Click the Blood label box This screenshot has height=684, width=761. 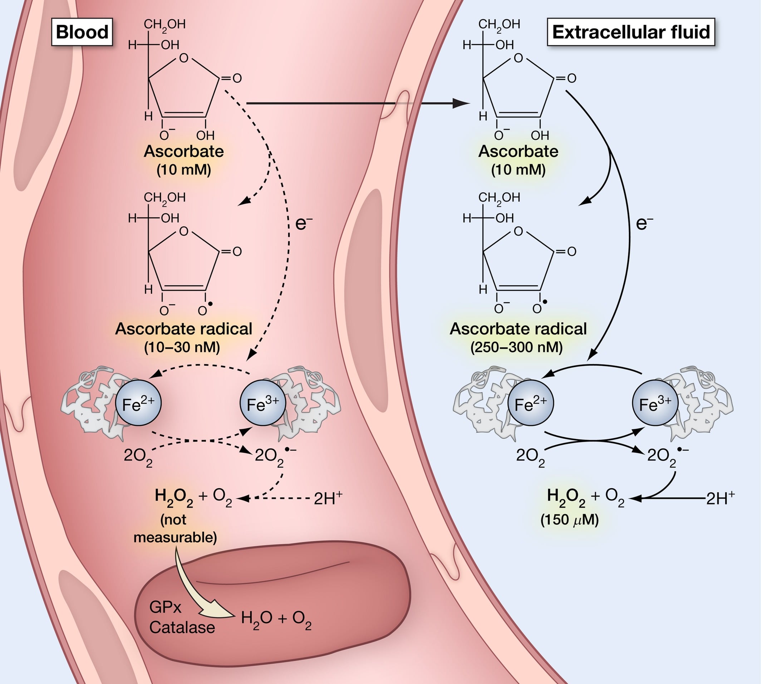click(x=82, y=32)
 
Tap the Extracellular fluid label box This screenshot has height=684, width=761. click(x=630, y=32)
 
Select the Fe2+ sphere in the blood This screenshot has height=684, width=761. click(x=138, y=403)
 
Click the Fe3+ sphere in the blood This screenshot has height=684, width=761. click(x=263, y=403)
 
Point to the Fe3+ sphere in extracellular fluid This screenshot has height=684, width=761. click(x=655, y=403)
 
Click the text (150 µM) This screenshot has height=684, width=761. click(x=569, y=520)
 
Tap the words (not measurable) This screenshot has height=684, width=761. click(x=175, y=529)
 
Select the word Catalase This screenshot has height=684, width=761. click(x=182, y=628)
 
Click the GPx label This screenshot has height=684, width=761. click(x=165, y=607)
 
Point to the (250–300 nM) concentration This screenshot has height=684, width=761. click(x=517, y=347)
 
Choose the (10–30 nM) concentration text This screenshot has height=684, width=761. click(x=182, y=347)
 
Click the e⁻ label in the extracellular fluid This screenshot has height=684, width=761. click(x=644, y=223)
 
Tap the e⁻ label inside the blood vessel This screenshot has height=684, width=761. click(x=304, y=223)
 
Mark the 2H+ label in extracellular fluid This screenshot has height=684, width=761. click(x=720, y=498)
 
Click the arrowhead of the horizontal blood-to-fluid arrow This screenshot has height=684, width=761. click(x=461, y=103)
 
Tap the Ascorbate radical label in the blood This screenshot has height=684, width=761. click(x=183, y=329)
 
